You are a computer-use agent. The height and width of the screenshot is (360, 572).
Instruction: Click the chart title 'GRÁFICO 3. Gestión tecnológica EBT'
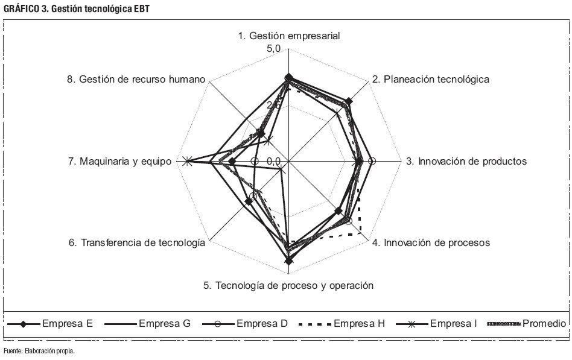[77, 9]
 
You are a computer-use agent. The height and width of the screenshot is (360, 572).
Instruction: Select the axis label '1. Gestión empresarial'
[289, 36]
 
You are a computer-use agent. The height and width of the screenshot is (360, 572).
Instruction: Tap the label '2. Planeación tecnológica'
[431, 79]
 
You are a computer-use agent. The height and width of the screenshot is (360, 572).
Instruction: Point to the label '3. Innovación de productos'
[466, 161]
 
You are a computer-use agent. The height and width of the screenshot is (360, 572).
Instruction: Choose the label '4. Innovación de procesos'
[431, 242]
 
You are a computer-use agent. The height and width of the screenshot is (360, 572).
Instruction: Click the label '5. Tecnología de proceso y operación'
[288, 285]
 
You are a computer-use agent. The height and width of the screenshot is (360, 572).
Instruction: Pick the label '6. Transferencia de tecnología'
[137, 242]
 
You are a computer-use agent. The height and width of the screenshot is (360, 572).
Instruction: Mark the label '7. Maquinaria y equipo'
[119, 161]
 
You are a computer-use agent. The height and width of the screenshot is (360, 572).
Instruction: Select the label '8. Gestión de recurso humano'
[136, 79]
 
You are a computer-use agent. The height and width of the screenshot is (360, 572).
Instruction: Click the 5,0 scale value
[273, 49]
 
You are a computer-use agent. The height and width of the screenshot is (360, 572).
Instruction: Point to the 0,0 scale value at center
[273, 161]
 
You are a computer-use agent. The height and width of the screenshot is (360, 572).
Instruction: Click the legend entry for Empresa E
[50, 324]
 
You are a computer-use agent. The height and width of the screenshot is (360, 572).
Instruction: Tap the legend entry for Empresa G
[147, 324]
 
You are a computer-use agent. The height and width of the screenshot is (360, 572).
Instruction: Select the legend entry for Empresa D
[245, 324]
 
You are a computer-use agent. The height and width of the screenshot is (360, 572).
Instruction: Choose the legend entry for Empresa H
[342, 324]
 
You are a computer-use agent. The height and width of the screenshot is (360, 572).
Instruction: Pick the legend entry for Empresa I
[436, 324]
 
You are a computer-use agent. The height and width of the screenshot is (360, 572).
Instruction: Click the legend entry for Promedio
[526, 324]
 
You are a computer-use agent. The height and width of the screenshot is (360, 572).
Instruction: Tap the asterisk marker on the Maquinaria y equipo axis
[187, 161]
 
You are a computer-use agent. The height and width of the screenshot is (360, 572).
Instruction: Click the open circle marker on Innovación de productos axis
[372, 161]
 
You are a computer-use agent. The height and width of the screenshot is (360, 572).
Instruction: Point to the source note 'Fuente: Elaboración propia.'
[39, 351]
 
